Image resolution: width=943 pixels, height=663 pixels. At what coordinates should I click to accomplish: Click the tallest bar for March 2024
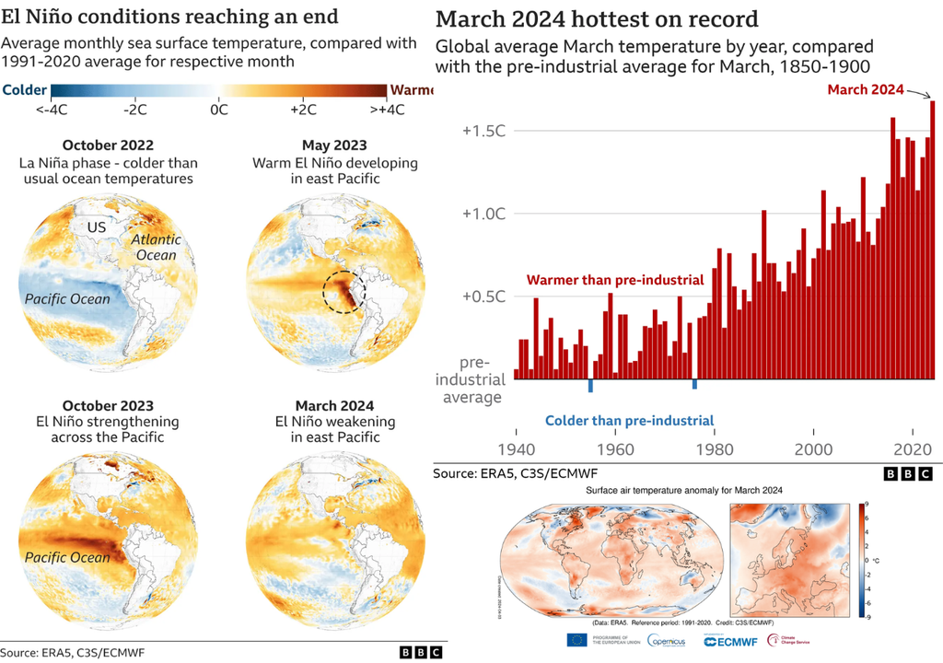click(932, 239)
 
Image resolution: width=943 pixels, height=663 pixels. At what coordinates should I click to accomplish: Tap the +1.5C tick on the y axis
click(483, 130)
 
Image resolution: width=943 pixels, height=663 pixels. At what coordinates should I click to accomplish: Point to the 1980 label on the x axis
click(714, 449)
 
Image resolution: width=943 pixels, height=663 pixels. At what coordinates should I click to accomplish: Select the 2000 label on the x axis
click(813, 449)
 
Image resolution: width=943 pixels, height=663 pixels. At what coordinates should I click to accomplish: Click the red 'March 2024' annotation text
click(865, 89)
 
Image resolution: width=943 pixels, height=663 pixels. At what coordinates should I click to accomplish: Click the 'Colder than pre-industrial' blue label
click(629, 421)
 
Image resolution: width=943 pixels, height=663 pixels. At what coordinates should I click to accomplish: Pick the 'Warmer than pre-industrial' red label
click(614, 280)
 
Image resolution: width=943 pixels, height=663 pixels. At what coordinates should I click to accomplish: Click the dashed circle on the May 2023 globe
click(344, 294)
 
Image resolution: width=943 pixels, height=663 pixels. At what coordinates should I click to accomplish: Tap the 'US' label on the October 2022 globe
click(97, 227)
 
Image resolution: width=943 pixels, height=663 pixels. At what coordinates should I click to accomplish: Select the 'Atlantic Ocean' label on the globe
click(156, 247)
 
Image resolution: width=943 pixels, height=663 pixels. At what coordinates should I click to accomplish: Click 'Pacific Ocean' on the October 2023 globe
click(67, 556)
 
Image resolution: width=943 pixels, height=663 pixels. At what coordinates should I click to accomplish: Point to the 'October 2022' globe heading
click(108, 145)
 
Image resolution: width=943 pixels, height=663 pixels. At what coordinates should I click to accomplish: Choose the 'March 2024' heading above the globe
click(335, 406)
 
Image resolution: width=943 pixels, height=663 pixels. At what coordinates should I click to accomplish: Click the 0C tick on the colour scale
click(219, 109)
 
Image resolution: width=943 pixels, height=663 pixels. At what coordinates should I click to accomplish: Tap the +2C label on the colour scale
click(304, 109)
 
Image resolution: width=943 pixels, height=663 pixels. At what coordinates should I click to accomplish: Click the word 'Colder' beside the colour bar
click(26, 89)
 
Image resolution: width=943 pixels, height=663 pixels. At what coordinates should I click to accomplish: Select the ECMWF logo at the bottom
click(735, 641)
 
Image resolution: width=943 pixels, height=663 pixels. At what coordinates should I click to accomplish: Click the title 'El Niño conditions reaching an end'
click(169, 17)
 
